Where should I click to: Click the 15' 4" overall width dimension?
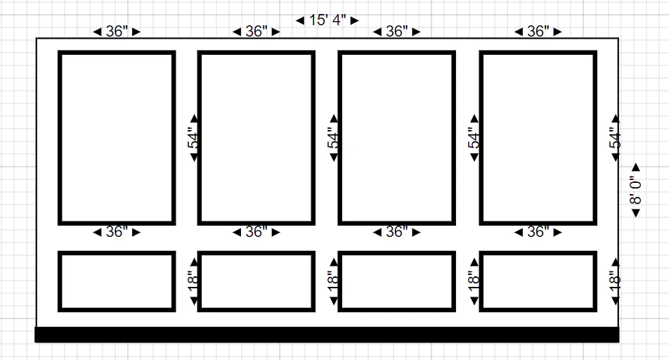click(327, 20)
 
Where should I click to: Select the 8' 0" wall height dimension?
click(636, 190)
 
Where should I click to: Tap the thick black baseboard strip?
click(327, 335)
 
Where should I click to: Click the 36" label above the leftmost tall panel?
click(117, 31)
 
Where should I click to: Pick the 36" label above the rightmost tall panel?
click(538, 31)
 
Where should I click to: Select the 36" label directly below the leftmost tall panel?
click(117, 232)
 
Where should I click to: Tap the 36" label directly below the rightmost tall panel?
click(538, 232)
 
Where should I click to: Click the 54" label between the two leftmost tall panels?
click(193, 138)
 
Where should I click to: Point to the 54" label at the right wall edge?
click(615, 138)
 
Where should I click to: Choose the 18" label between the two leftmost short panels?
click(193, 281)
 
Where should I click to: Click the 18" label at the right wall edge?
click(615, 281)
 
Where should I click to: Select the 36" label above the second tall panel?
click(256, 31)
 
